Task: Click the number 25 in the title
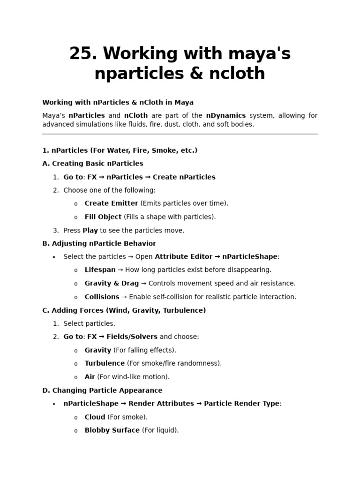(82, 54)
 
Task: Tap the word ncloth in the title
(240, 74)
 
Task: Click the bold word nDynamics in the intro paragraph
(226, 115)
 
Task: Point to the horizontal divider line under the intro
(180, 134)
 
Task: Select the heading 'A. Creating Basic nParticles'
(93, 164)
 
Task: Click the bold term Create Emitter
(111, 203)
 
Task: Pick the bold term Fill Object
(103, 217)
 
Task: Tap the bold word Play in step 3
(90, 231)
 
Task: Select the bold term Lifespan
(100, 270)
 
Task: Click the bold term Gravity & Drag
(112, 284)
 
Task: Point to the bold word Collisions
(102, 297)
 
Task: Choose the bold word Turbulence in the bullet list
(105, 363)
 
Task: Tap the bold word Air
(90, 377)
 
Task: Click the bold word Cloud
(95, 417)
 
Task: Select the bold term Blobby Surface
(112, 430)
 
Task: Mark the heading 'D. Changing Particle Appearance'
(102, 390)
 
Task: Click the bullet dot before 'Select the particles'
(54, 257)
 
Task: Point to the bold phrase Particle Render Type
(241, 404)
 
